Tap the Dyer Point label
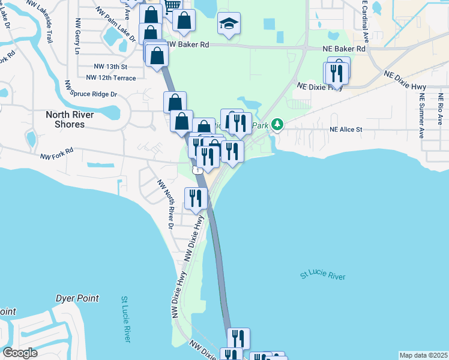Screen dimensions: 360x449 (x=76, y=298)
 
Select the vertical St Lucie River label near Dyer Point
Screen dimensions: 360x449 (x=126, y=319)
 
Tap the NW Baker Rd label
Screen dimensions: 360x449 (x=188, y=45)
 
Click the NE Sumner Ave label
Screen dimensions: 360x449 (x=422, y=115)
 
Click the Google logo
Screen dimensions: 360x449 (x=20, y=353)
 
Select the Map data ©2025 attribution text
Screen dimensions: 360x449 (x=423, y=355)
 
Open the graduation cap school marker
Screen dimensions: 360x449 (x=228, y=23)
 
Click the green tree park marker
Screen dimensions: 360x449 (x=277, y=124)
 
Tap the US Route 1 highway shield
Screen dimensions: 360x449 (x=197, y=171)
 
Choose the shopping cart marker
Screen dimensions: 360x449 (x=172, y=5)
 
